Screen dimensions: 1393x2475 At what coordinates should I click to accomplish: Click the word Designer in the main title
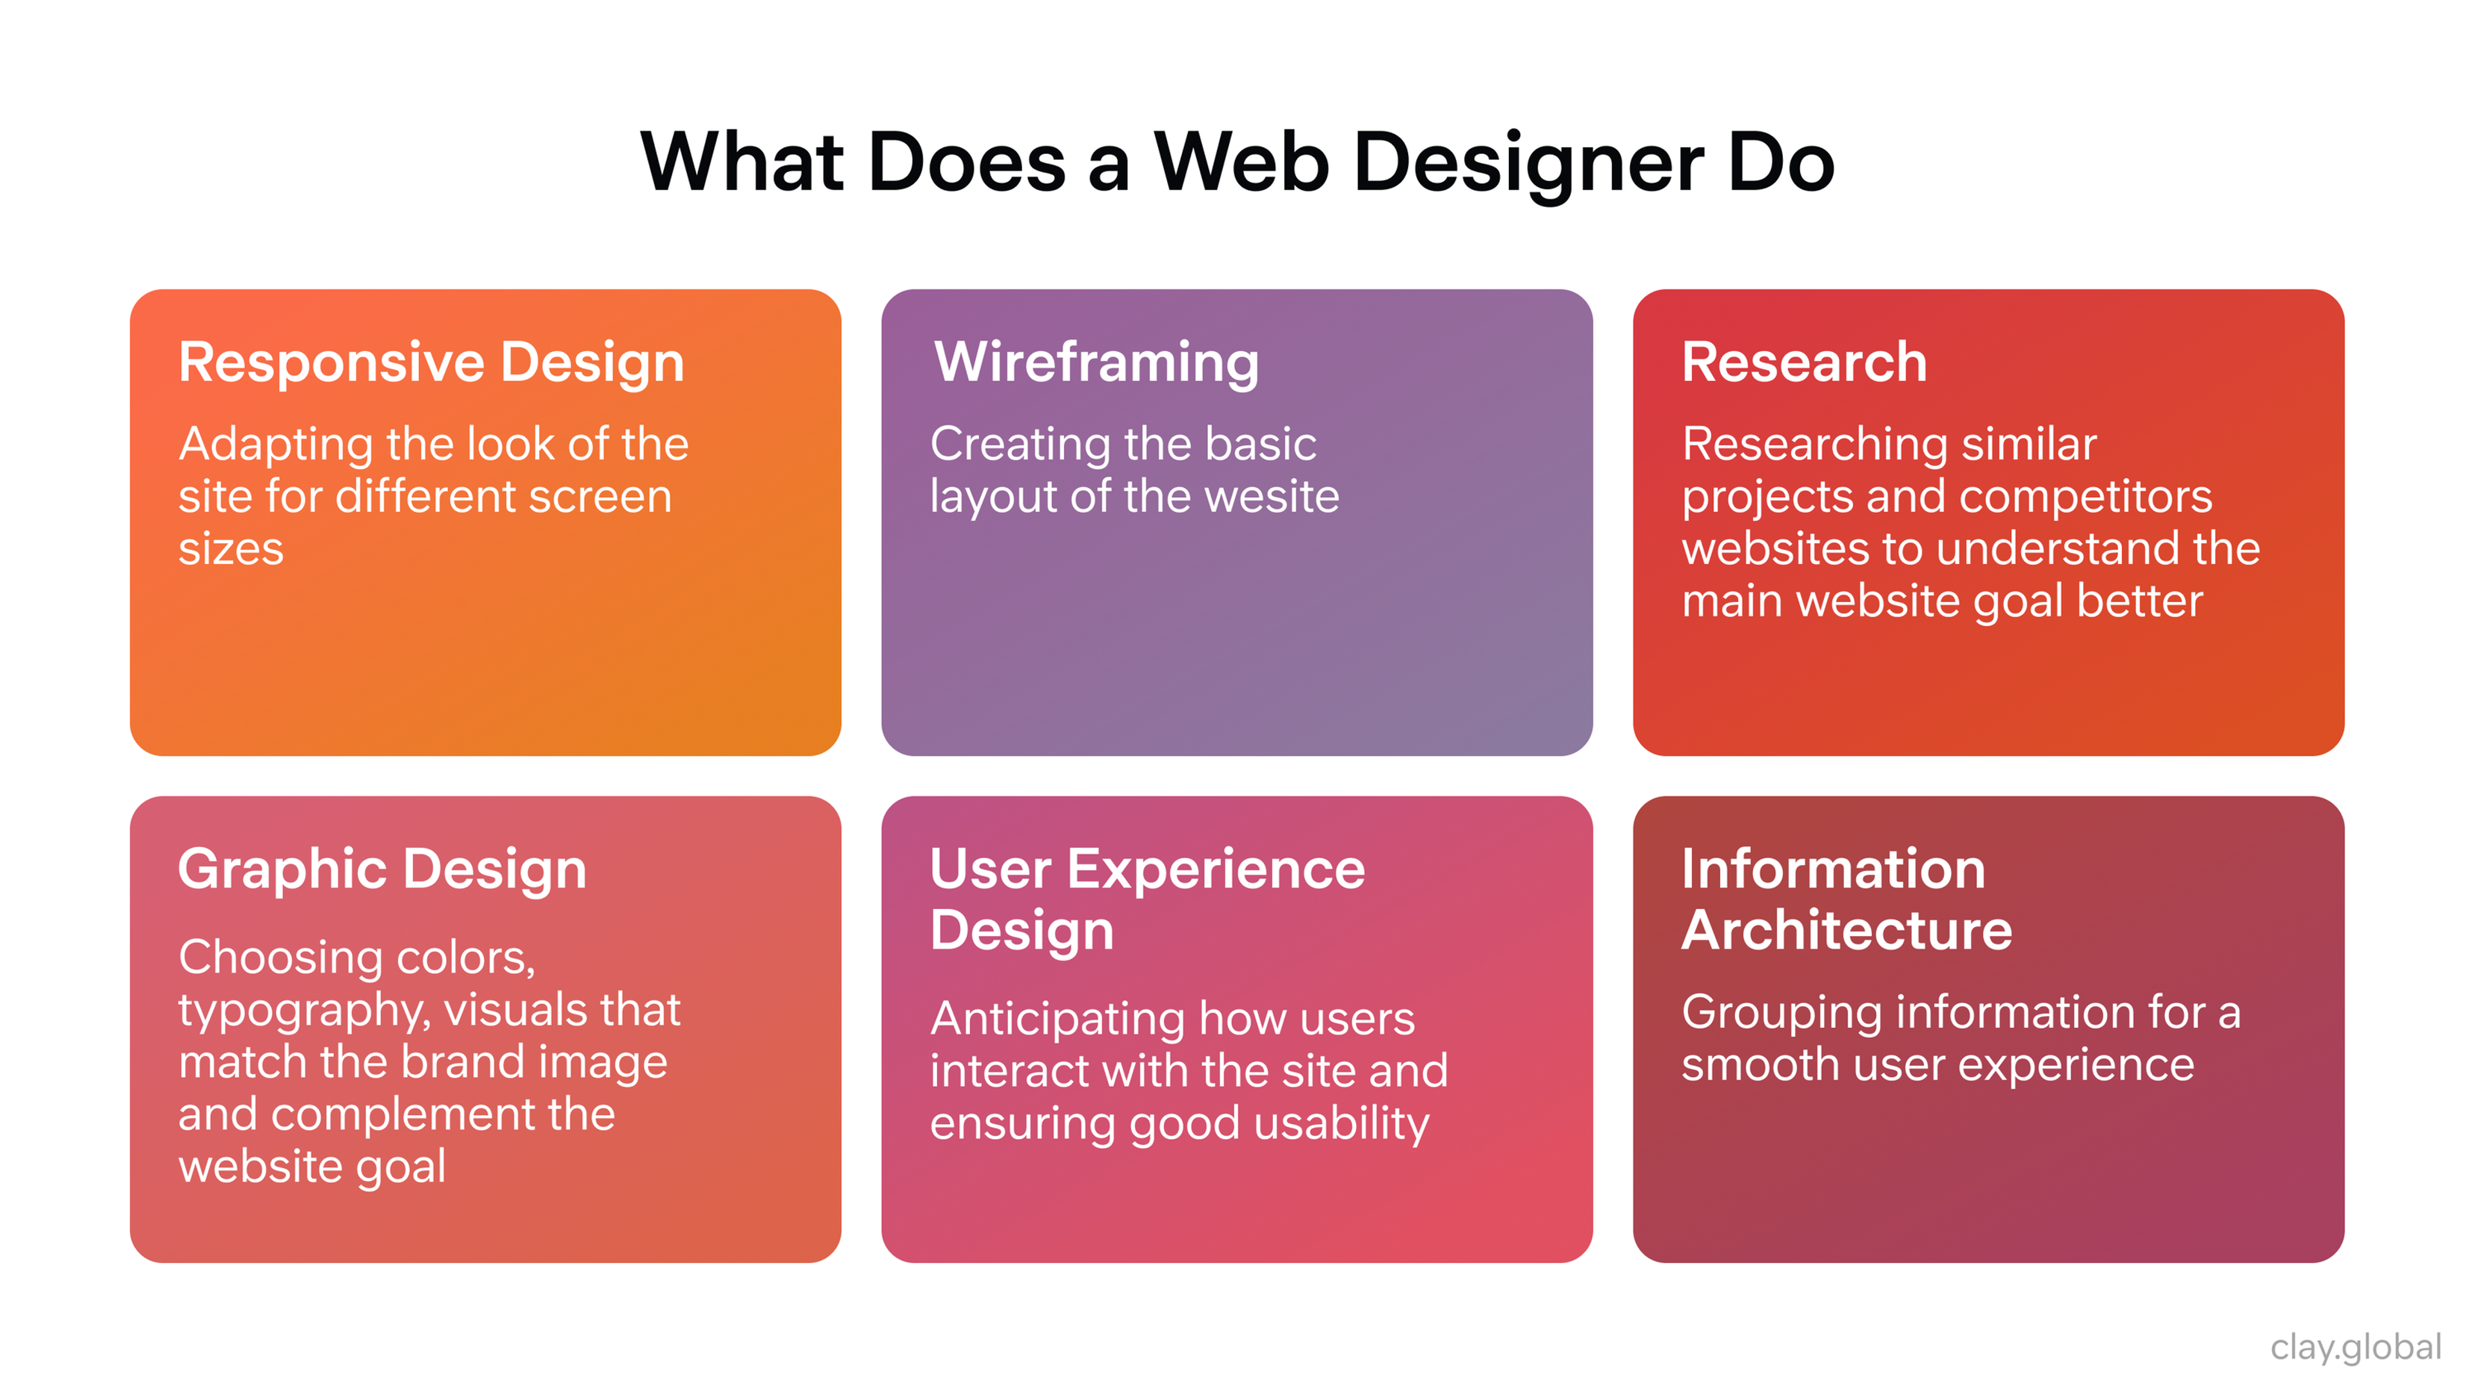[x=1527, y=163]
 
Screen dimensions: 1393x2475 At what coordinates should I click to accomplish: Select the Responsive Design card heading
[x=431, y=362]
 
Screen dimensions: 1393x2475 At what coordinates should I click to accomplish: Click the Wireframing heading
[x=1096, y=362]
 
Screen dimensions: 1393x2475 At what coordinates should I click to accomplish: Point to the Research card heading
[x=1803, y=362]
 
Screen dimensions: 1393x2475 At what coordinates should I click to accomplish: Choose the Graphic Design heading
[x=382, y=870]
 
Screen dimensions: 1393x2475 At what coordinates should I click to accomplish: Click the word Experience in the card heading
[x=1216, y=870]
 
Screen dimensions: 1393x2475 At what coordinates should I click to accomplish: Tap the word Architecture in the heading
[x=1846, y=930]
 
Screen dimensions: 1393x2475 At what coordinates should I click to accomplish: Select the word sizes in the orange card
[x=231, y=549]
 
